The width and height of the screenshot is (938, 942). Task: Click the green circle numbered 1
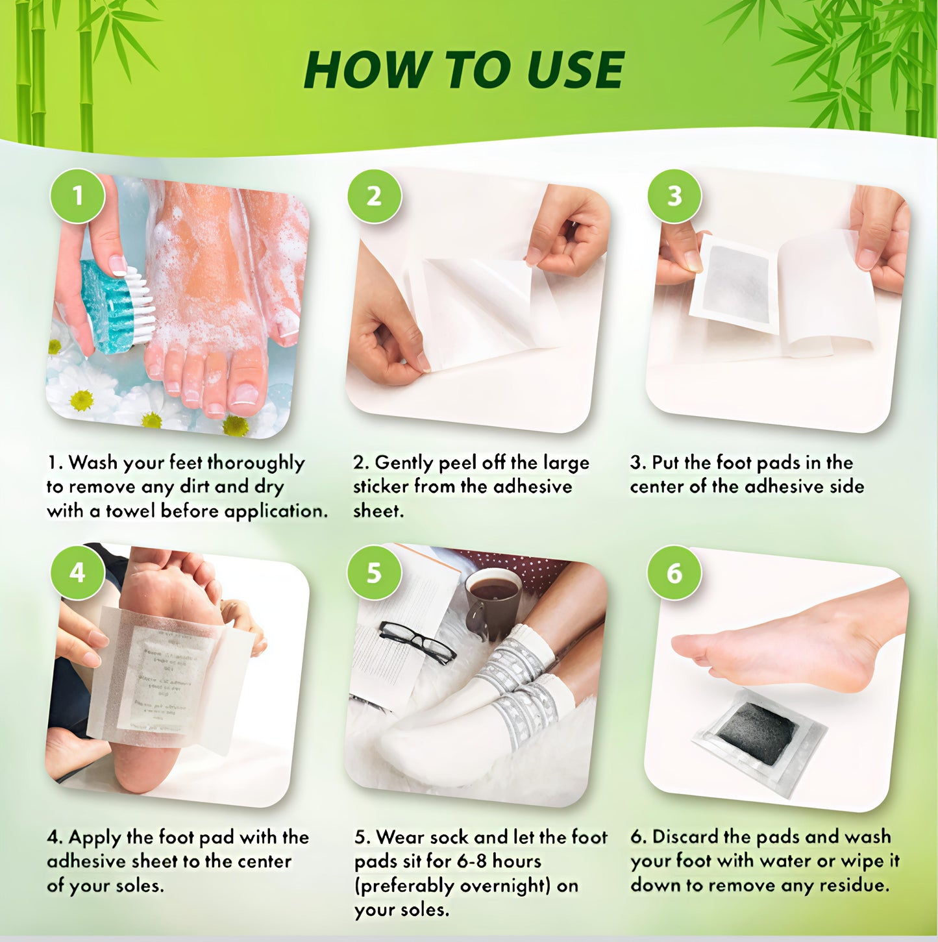click(x=78, y=195)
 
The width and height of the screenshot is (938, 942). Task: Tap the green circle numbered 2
click(x=374, y=195)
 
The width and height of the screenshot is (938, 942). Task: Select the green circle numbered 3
click(x=674, y=195)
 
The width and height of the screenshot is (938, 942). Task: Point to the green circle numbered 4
click(x=78, y=573)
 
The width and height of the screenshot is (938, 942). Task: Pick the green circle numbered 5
click(x=374, y=573)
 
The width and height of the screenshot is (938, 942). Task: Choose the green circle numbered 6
click(x=674, y=573)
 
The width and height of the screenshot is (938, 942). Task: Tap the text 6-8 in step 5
click(x=472, y=861)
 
